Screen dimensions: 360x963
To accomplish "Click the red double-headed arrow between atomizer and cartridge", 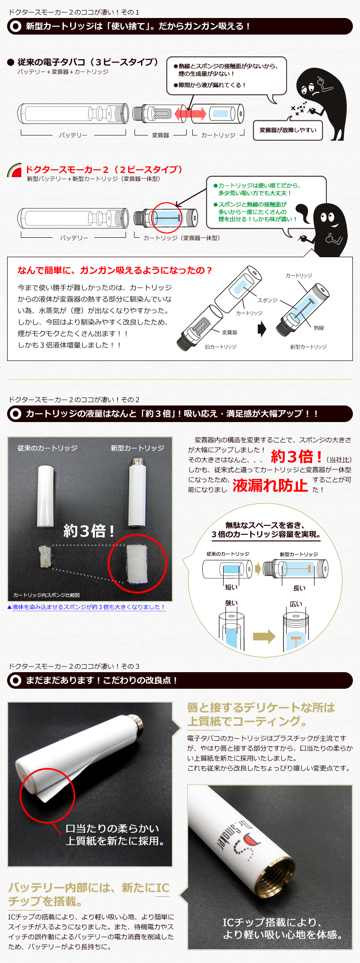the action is (190, 114).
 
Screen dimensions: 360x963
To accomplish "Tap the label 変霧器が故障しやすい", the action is (288, 130).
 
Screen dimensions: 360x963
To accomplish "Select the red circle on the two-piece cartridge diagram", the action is (167, 218).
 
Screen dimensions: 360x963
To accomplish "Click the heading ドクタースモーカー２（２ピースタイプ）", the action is (104, 170).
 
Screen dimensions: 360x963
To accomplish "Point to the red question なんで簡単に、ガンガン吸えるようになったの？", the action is (115, 270).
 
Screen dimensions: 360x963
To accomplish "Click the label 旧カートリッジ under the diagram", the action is (221, 347).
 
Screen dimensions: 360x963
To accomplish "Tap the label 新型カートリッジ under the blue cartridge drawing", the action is (308, 347).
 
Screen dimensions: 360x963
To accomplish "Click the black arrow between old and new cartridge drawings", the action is (262, 329).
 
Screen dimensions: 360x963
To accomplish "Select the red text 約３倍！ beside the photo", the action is (297, 457).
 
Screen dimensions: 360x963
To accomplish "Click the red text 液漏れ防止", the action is (270, 486).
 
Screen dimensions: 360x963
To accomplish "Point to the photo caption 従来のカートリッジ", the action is (47, 448).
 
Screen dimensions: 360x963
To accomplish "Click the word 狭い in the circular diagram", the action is (232, 603).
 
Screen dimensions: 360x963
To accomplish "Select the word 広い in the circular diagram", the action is (296, 604).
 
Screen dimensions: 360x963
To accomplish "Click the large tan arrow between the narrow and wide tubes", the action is (264, 636).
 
